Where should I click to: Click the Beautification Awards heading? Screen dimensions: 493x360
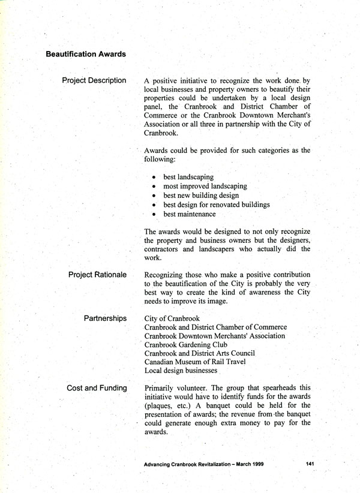coord(86,54)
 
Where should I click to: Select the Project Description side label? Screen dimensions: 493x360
coord(94,80)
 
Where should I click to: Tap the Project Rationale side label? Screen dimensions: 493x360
coord(97,275)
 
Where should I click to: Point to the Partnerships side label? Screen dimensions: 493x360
coord(105,318)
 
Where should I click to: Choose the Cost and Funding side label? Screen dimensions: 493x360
coord(97,388)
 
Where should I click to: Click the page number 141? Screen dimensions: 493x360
coord(310,464)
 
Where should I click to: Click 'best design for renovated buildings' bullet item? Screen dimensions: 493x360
coord(216,205)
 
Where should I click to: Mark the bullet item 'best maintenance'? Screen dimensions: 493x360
coord(189,214)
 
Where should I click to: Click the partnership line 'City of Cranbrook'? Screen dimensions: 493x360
coord(173,318)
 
